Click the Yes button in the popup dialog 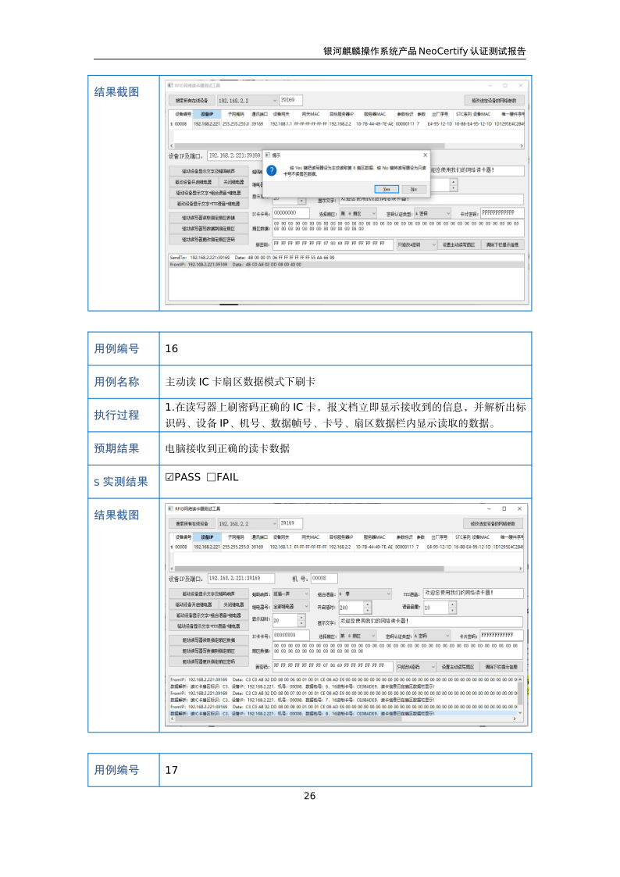click(x=386, y=189)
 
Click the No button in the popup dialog click(x=414, y=189)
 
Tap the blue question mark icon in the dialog click(x=271, y=170)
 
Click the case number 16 click(x=172, y=348)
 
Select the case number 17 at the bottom click(x=172, y=770)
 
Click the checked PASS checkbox click(x=169, y=478)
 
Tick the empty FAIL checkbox click(x=211, y=478)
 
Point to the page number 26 click(x=309, y=796)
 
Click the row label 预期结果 click(x=117, y=449)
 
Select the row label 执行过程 click(x=117, y=415)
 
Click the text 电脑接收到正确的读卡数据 click(x=227, y=449)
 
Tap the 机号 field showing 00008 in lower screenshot click(x=324, y=578)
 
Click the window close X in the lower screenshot click(x=520, y=508)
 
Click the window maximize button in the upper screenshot click(x=505, y=85)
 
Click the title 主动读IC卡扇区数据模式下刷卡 click(x=241, y=382)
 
